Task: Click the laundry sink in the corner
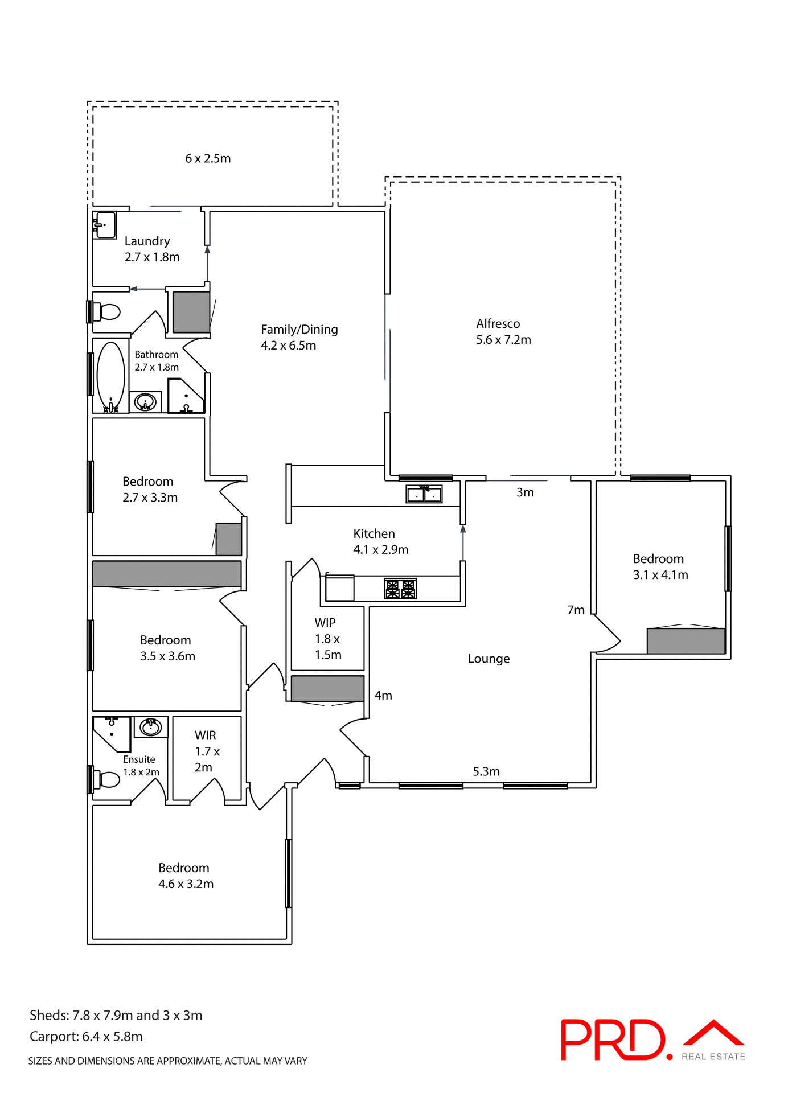point(105,225)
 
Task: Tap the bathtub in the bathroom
point(111,375)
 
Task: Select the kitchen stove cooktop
point(400,589)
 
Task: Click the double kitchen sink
point(424,494)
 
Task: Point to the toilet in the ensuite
point(108,779)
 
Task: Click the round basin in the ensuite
point(151,727)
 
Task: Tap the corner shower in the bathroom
point(184,396)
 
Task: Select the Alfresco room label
point(498,324)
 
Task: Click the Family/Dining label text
point(299,330)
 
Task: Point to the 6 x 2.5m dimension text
point(208,159)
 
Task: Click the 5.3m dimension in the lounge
point(486,771)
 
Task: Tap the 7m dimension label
point(576,610)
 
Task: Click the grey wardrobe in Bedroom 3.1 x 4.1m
point(686,640)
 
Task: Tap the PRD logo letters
point(612,1040)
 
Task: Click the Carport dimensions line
point(86,1037)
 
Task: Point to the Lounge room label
point(489,659)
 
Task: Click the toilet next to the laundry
point(108,312)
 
